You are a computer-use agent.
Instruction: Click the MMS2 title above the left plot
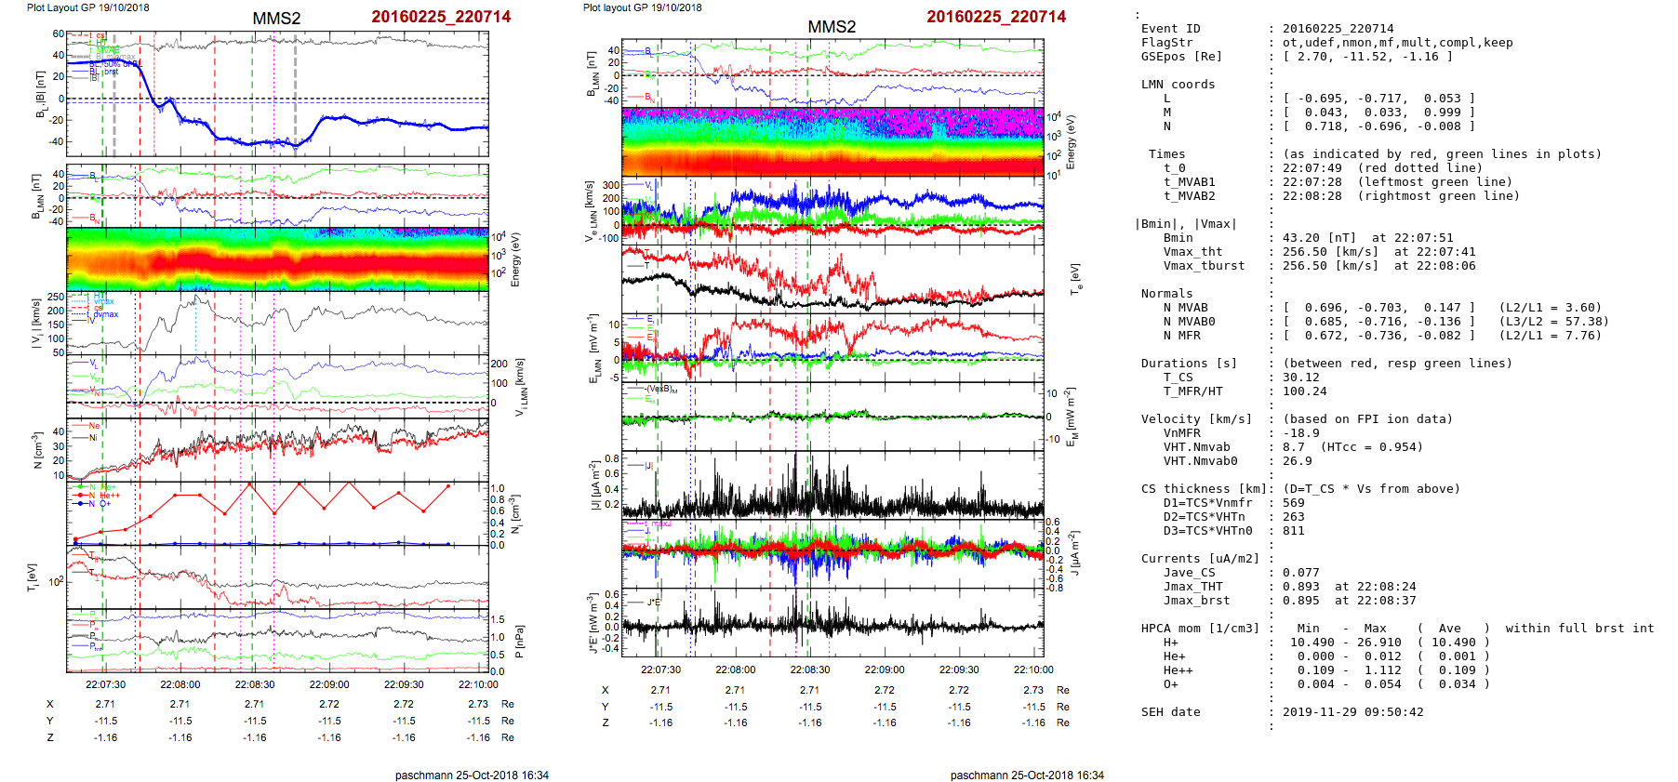click(x=276, y=19)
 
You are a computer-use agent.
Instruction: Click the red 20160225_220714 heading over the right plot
click(x=996, y=17)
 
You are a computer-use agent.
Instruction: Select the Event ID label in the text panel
click(x=1170, y=29)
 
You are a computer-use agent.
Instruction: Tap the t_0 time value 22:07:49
click(x=1312, y=168)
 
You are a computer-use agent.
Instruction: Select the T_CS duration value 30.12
click(x=1300, y=378)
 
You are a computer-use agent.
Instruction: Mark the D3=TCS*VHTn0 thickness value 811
click(x=1293, y=531)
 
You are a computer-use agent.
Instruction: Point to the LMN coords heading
click(x=1178, y=85)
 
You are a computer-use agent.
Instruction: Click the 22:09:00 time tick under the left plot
click(x=329, y=685)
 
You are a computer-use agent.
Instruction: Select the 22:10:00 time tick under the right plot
click(x=1033, y=669)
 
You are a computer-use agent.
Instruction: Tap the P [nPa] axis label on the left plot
click(x=519, y=641)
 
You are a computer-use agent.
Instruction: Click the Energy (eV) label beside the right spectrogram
click(x=1071, y=142)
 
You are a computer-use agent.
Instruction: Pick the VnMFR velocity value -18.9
click(x=1300, y=433)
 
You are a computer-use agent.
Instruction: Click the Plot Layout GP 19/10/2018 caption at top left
click(x=87, y=7)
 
